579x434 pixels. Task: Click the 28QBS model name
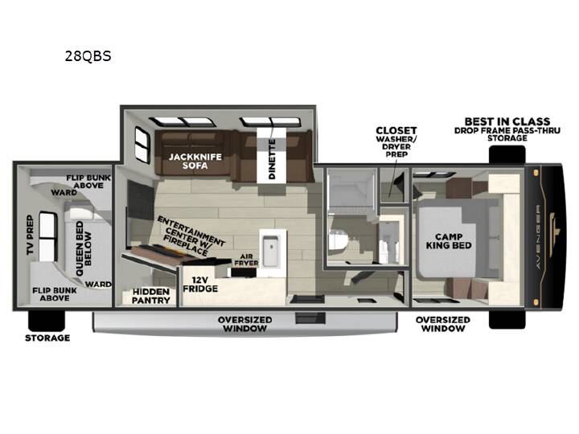click(x=88, y=56)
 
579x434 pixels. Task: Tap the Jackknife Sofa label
click(x=195, y=162)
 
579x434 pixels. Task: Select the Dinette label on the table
click(x=272, y=159)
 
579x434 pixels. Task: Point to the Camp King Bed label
click(x=449, y=241)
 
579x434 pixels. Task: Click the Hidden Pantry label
click(x=150, y=296)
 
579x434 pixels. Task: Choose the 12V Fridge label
click(x=200, y=285)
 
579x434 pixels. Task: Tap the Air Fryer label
click(x=246, y=260)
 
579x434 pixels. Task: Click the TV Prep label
click(x=30, y=235)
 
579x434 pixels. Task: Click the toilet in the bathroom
click(x=338, y=240)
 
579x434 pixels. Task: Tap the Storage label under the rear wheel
click(x=47, y=338)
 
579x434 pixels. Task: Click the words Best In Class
click(x=507, y=121)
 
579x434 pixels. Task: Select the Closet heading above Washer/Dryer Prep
click(x=396, y=130)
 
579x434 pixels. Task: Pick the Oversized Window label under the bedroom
click(x=443, y=324)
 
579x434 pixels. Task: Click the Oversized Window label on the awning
click(x=244, y=324)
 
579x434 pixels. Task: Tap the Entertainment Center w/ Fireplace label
click(x=190, y=236)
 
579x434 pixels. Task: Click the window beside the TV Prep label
click(x=48, y=236)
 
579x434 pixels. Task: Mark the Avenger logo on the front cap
click(x=538, y=236)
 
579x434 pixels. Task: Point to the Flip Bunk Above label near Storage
click(x=55, y=294)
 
